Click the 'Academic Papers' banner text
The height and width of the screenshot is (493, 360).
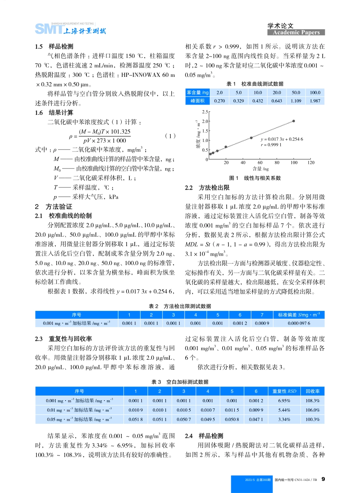click(x=296, y=33)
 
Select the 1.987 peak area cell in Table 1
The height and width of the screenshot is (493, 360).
click(x=315, y=101)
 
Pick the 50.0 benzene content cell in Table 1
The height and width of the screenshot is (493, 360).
click(x=296, y=92)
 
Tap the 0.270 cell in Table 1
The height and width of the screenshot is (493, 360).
click(x=219, y=101)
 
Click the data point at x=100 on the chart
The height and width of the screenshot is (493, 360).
click(x=294, y=121)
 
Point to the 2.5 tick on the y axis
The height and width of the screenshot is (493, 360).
click(x=205, y=112)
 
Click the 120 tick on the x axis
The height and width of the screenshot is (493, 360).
click(x=311, y=163)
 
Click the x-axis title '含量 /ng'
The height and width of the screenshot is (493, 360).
click(x=260, y=169)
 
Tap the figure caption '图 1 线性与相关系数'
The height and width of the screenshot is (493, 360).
click(x=255, y=178)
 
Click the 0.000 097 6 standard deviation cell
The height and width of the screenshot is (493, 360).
click(x=299, y=323)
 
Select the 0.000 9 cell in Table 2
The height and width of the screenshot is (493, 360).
click(x=262, y=323)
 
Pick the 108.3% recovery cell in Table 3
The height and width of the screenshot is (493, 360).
click(x=313, y=401)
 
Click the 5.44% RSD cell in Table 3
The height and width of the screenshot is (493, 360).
click(x=284, y=410)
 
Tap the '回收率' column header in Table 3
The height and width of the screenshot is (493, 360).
click(x=313, y=391)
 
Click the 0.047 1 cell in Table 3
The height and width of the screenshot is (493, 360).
click(x=256, y=420)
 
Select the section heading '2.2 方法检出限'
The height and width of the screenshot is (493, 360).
click(x=207, y=188)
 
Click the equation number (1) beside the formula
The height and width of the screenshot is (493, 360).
click(x=171, y=136)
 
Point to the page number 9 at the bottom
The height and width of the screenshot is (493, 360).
click(x=323, y=479)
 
